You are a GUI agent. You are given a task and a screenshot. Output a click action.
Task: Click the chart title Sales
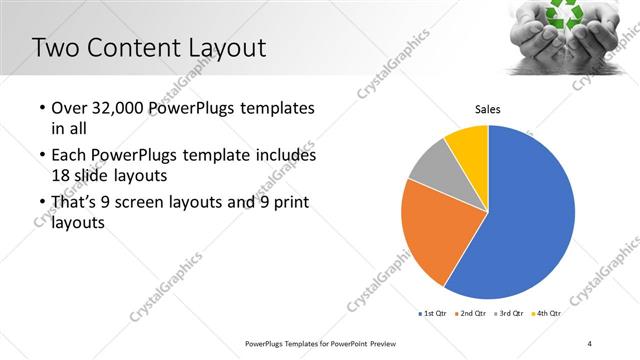point(487,109)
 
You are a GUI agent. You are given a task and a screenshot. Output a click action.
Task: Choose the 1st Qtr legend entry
point(433,314)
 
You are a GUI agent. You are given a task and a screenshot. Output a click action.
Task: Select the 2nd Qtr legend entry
point(471,314)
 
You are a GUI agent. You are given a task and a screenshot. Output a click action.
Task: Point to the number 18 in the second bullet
point(61,174)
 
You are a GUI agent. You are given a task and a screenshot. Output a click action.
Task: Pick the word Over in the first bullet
point(70,107)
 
